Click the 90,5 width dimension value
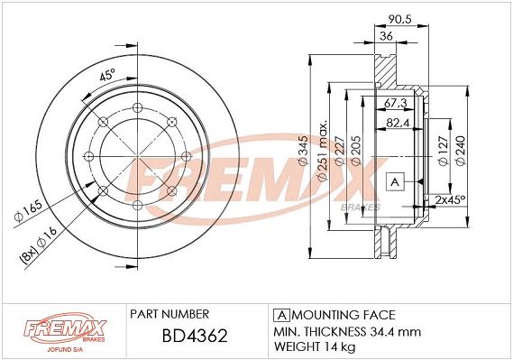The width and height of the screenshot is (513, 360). click(399, 19)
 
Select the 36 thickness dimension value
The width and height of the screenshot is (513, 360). click(386, 36)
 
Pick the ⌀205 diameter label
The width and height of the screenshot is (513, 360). click(355, 150)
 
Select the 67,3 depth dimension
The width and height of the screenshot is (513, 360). click(395, 103)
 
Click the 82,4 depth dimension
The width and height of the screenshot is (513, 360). click(398, 123)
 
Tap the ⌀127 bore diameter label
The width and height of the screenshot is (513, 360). click(443, 151)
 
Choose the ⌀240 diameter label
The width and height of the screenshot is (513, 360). click(461, 151)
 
